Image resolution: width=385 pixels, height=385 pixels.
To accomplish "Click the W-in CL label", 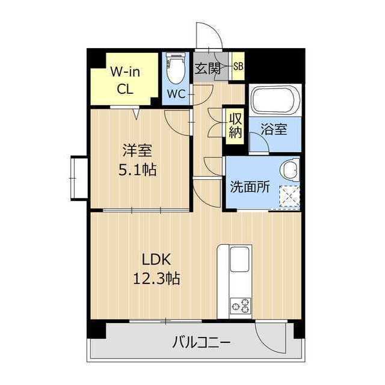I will [x=126, y=80].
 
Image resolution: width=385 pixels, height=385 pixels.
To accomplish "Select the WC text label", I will [x=176, y=94].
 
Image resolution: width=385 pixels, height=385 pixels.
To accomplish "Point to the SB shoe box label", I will [x=238, y=67].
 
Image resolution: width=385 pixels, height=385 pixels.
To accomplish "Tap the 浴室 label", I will [x=275, y=129].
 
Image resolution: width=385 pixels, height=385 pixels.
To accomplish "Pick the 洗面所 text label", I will [x=250, y=187].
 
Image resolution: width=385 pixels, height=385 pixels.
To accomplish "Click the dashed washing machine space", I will [x=289, y=195].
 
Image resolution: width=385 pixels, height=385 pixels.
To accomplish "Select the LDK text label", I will [x=156, y=259].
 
